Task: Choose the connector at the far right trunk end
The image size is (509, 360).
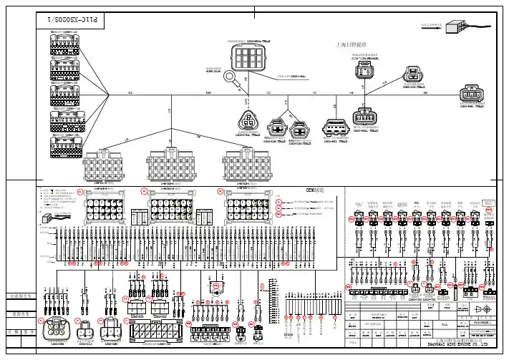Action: (472, 94)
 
